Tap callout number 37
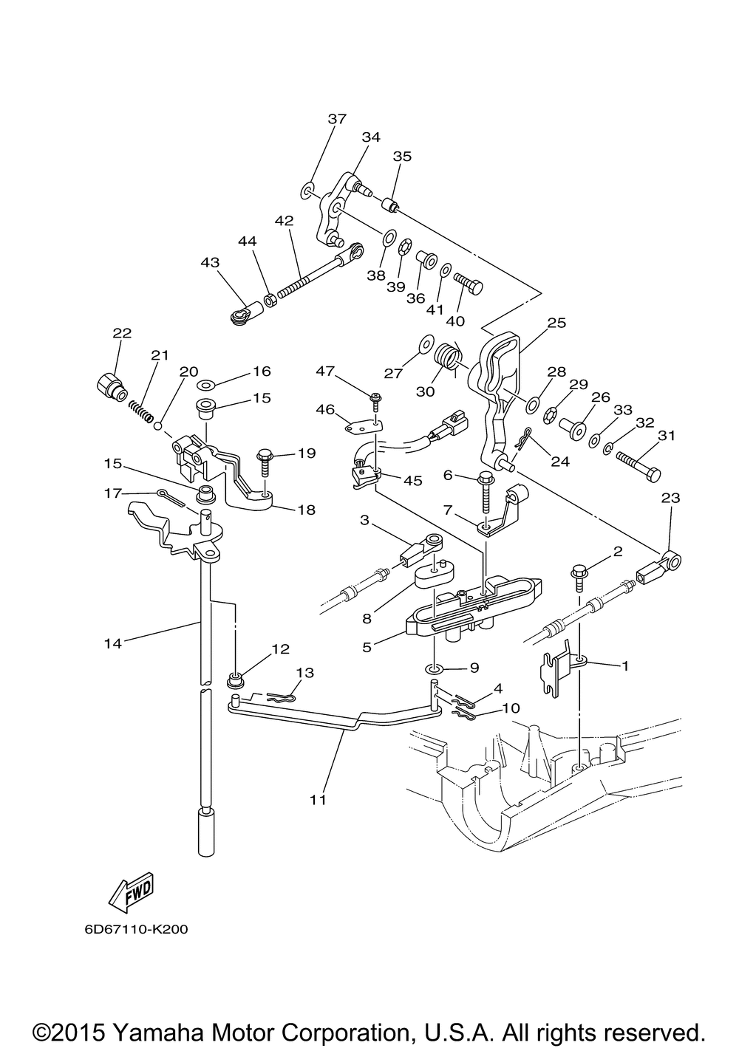(337, 119)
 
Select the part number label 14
(113, 643)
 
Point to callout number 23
(670, 497)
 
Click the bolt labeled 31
(638, 465)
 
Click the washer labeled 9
(435, 668)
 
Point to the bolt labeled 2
(579, 579)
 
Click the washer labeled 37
(307, 191)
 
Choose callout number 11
(318, 799)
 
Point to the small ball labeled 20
(158, 425)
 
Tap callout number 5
(367, 647)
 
